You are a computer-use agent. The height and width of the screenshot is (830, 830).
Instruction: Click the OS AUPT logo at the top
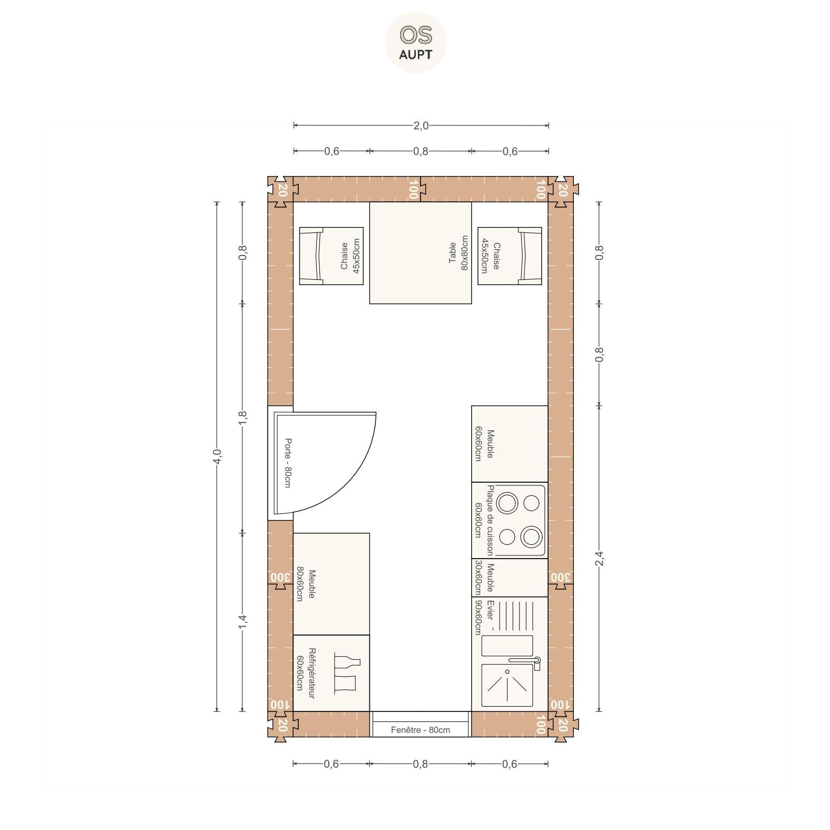[416, 42]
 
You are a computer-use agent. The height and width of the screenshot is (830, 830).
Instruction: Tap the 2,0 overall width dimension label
[421, 125]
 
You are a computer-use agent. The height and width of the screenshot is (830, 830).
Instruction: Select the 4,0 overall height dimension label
[217, 456]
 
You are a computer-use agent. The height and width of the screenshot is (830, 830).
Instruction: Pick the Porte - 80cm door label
[287, 463]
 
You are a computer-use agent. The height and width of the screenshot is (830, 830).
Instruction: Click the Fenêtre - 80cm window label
[421, 730]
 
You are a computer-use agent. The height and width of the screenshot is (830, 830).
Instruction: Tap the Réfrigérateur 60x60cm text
[306, 673]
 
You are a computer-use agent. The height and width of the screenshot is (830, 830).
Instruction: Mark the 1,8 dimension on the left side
[242, 418]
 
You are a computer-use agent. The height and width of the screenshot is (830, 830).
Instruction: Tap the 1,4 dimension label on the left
[242, 622]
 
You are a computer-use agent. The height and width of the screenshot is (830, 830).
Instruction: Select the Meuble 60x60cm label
[484, 444]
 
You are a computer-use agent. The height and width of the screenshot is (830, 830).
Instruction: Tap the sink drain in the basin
[507, 671]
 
